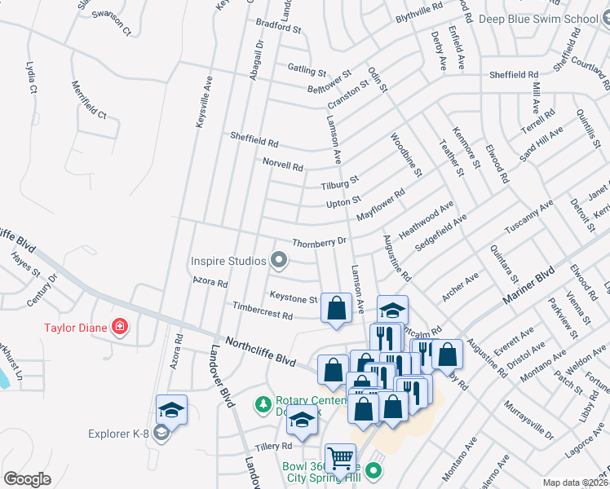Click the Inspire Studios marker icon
[x=280, y=261]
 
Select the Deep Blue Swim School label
[x=538, y=19]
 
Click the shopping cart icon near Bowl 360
[x=340, y=459]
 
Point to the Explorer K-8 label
[x=120, y=433]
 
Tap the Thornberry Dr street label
[x=320, y=242]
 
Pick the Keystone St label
[x=293, y=299]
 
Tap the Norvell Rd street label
[x=283, y=164]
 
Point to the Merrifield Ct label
[x=90, y=99]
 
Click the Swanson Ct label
[x=111, y=24]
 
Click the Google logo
[x=27, y=479]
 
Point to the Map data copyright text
[x=576, y=482]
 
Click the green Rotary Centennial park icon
[x=263, y=403]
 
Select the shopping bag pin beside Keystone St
[x=336, y=309]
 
